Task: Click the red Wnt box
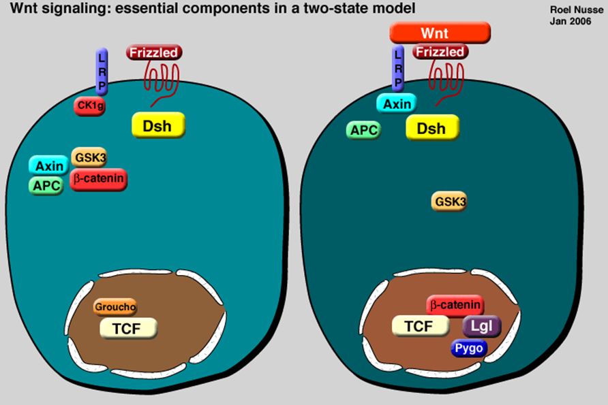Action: [440, 33]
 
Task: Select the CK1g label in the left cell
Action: [89, 106]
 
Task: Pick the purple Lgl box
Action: [482, 327]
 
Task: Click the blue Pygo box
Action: [469, 349]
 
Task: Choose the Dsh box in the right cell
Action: [431, 128]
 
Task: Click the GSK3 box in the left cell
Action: [89, 157]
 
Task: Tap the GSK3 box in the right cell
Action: [449, 201]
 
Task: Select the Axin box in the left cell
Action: [48, 165]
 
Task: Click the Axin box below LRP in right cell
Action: [397, 104]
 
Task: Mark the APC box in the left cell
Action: [47, 185]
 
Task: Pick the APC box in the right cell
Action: [365, 130]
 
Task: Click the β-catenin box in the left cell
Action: [98, 179]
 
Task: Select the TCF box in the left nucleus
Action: [128, 328]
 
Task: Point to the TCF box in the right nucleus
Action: [419, 326]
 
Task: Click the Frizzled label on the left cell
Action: [155, 52]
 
